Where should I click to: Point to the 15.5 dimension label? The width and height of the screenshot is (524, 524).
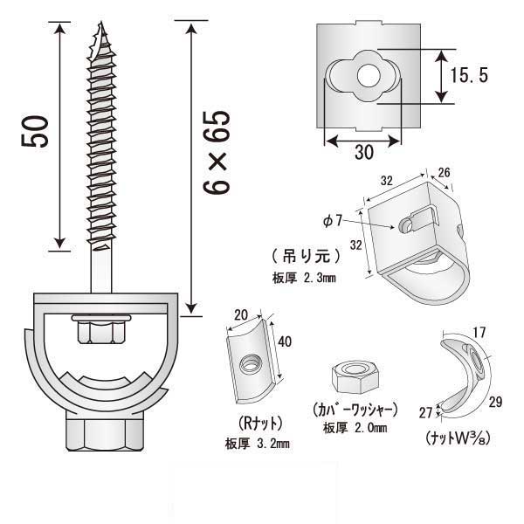pyautogui.click(x=471, y=77)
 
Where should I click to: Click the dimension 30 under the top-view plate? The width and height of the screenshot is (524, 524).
pyautogui.click(x=364, y=152)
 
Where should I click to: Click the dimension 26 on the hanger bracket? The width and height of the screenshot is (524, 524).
pyautogui.click(x=445, y=173)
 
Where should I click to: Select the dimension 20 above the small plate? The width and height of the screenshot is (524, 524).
pyautogui.click(x=243, y=314)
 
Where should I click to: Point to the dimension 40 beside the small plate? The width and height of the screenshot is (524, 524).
pyautogui.click(x=285, y=342)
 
